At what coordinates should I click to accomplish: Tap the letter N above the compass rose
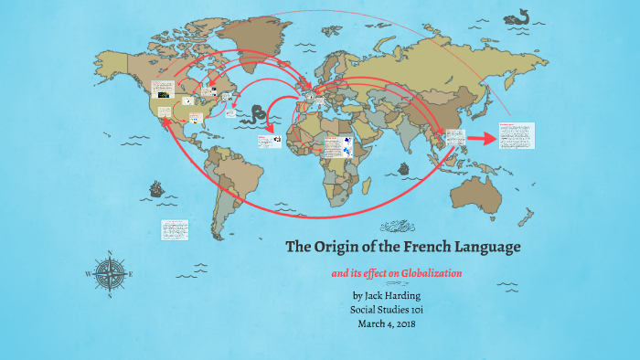click(111, 253)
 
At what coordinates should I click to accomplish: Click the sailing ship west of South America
click(157, 191)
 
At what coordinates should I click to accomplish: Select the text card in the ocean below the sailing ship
click(173, 229)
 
